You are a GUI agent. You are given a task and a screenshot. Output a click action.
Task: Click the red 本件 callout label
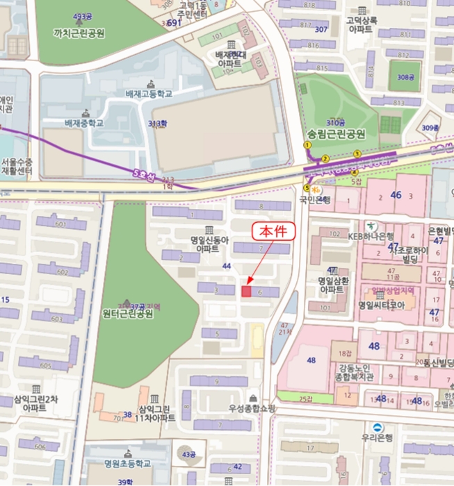click(x=273, y=232)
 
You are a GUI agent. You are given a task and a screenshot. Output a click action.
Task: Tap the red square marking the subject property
click(x=246, y=291)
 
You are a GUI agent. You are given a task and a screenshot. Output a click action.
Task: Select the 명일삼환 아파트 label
click(x=334, y=285)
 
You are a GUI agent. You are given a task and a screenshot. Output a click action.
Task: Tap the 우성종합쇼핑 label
click(x=252, y=408)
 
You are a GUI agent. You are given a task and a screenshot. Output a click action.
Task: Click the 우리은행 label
click(x=377, y=439)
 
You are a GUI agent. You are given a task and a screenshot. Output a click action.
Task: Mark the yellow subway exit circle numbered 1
click(x=307, y=145)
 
